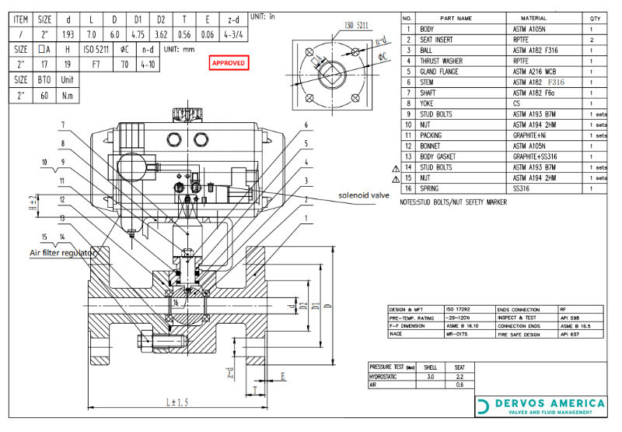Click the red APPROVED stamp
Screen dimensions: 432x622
(229, 63)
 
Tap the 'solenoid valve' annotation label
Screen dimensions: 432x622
(363, 195)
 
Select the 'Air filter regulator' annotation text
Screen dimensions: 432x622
(63, 253)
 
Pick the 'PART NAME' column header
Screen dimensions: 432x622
(456, 18)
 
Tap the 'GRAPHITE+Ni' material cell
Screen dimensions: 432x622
(532, 135)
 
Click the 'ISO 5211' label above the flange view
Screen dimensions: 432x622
(355, 25)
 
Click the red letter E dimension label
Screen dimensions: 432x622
(282, 377)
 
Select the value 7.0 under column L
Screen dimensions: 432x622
(91, 33)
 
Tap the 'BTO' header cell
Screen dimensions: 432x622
(44, 79)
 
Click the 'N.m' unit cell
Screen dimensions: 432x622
(67, 94)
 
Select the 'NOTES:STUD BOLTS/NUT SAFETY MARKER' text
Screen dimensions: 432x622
(453, 202)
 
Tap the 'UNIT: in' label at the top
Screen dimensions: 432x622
(262, 16)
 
